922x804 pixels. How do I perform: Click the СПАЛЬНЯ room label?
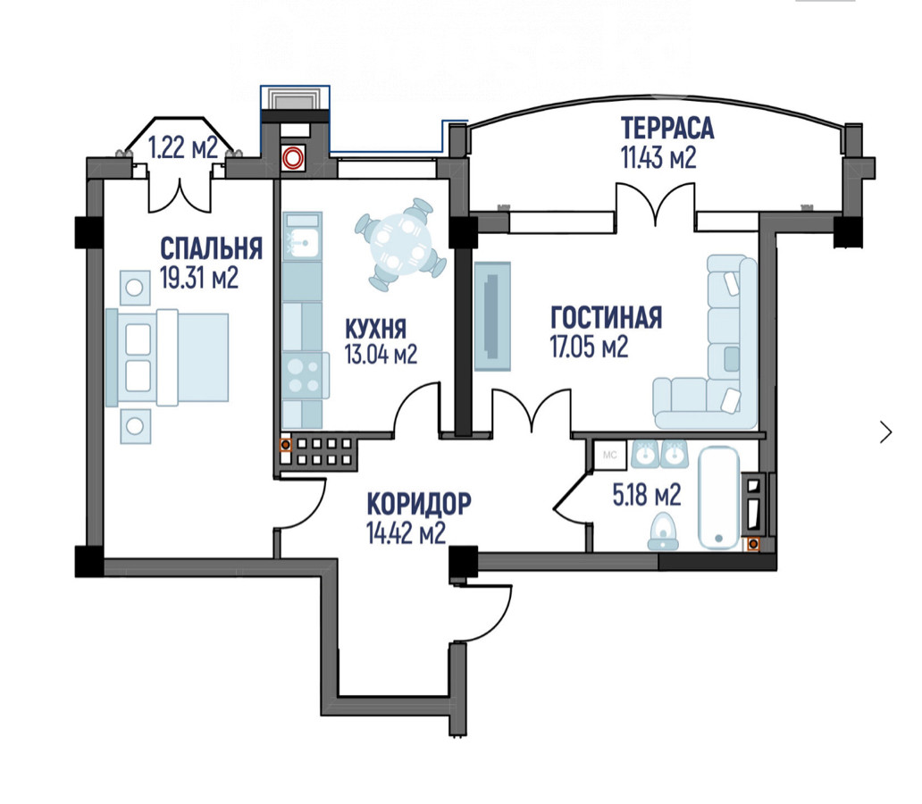pyautogui.click(x=211, y=248)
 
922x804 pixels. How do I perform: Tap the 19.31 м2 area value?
pyautogui.click(x=199, y=278)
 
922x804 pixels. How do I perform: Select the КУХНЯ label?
pyautogui.click(x=375, y=329)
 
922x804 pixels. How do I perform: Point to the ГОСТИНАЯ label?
pyautogui.click(x=607, y=318)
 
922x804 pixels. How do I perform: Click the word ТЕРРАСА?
pyautogui.click(x=667, y=129)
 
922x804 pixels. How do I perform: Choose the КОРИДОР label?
pyautogui.click(x=419, y=504)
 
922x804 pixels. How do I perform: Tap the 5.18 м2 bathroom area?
pyautogui.click(x=647, y=495)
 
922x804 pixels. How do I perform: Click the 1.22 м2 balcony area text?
pyautogui.click(x=183, y=147)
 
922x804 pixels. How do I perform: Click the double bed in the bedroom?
pyautogui.click(x=167, y=357)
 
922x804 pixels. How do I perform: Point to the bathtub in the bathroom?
pyautogui.click(x=718, y=498)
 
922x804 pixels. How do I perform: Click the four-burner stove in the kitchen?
pyautogui.click(x=306, y=376)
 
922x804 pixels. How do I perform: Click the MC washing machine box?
pyautogui.click(x=610, y=455)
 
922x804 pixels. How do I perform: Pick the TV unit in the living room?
pyautogui.click(x=492, y=316)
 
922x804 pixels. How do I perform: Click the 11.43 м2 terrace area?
pyautogui.click(x=658, y=157)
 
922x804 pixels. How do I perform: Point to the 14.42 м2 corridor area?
pyautogui.click(x=406, y=532)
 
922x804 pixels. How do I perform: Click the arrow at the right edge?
pyautogui.click(x=886, y=432)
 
